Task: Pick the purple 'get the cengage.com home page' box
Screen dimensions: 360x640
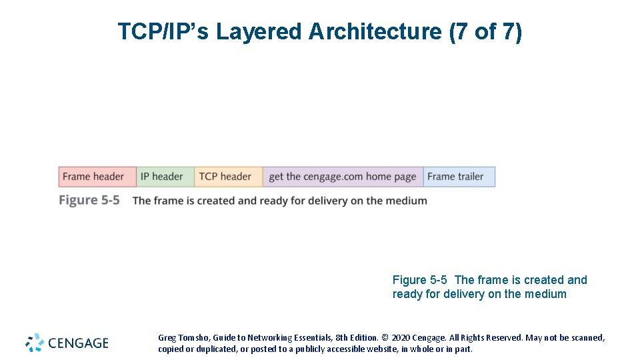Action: click(343, 177)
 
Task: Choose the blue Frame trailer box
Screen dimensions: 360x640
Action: click(459, 177)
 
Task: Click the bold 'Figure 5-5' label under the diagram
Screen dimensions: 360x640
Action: click(89, 200)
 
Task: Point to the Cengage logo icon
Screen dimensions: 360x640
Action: click(35, 343)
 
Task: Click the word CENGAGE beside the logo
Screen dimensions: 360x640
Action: click(78, 343)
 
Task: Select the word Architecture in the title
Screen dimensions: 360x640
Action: click(374, 31)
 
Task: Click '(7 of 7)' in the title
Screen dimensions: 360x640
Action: click(486, 31)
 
